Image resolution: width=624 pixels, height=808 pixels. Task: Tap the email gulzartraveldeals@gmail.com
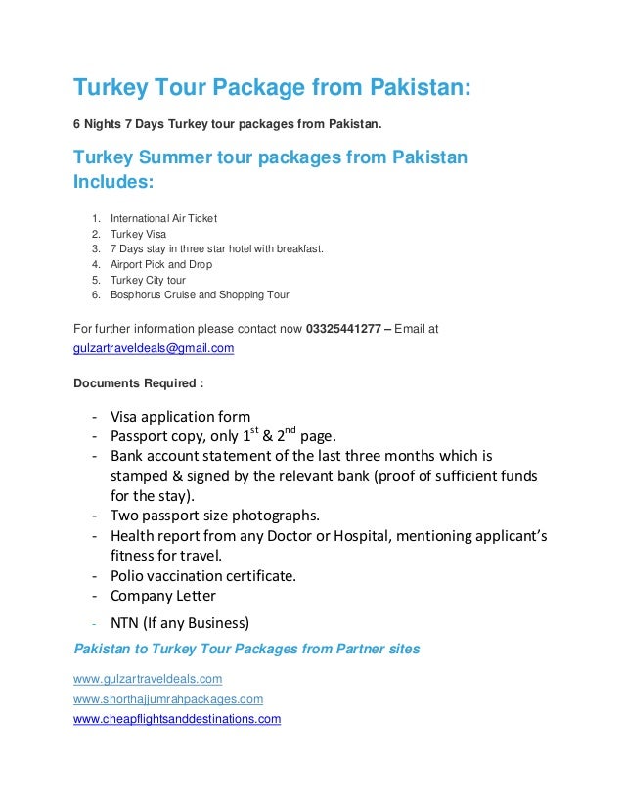point(154,347)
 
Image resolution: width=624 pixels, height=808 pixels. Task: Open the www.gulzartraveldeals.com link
point(148,678)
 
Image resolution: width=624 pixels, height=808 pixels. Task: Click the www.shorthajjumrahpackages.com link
point(168,699)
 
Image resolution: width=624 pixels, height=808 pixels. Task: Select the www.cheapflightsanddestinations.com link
point(177,719)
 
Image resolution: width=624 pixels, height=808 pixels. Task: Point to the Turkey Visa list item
point(138,234)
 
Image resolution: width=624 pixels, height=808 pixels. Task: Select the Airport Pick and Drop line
point(160,264)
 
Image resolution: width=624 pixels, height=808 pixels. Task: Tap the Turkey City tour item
point(148,280)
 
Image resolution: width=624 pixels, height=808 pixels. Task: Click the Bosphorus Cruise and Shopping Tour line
point(200,294)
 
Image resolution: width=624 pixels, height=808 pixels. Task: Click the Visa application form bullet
point(180,415)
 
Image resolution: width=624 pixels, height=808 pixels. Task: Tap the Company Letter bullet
point(163,596)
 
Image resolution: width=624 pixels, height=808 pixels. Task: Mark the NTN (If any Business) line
point(180,622)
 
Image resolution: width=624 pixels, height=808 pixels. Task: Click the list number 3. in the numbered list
point(95,248)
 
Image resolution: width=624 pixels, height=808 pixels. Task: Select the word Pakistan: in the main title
point(420,89)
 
